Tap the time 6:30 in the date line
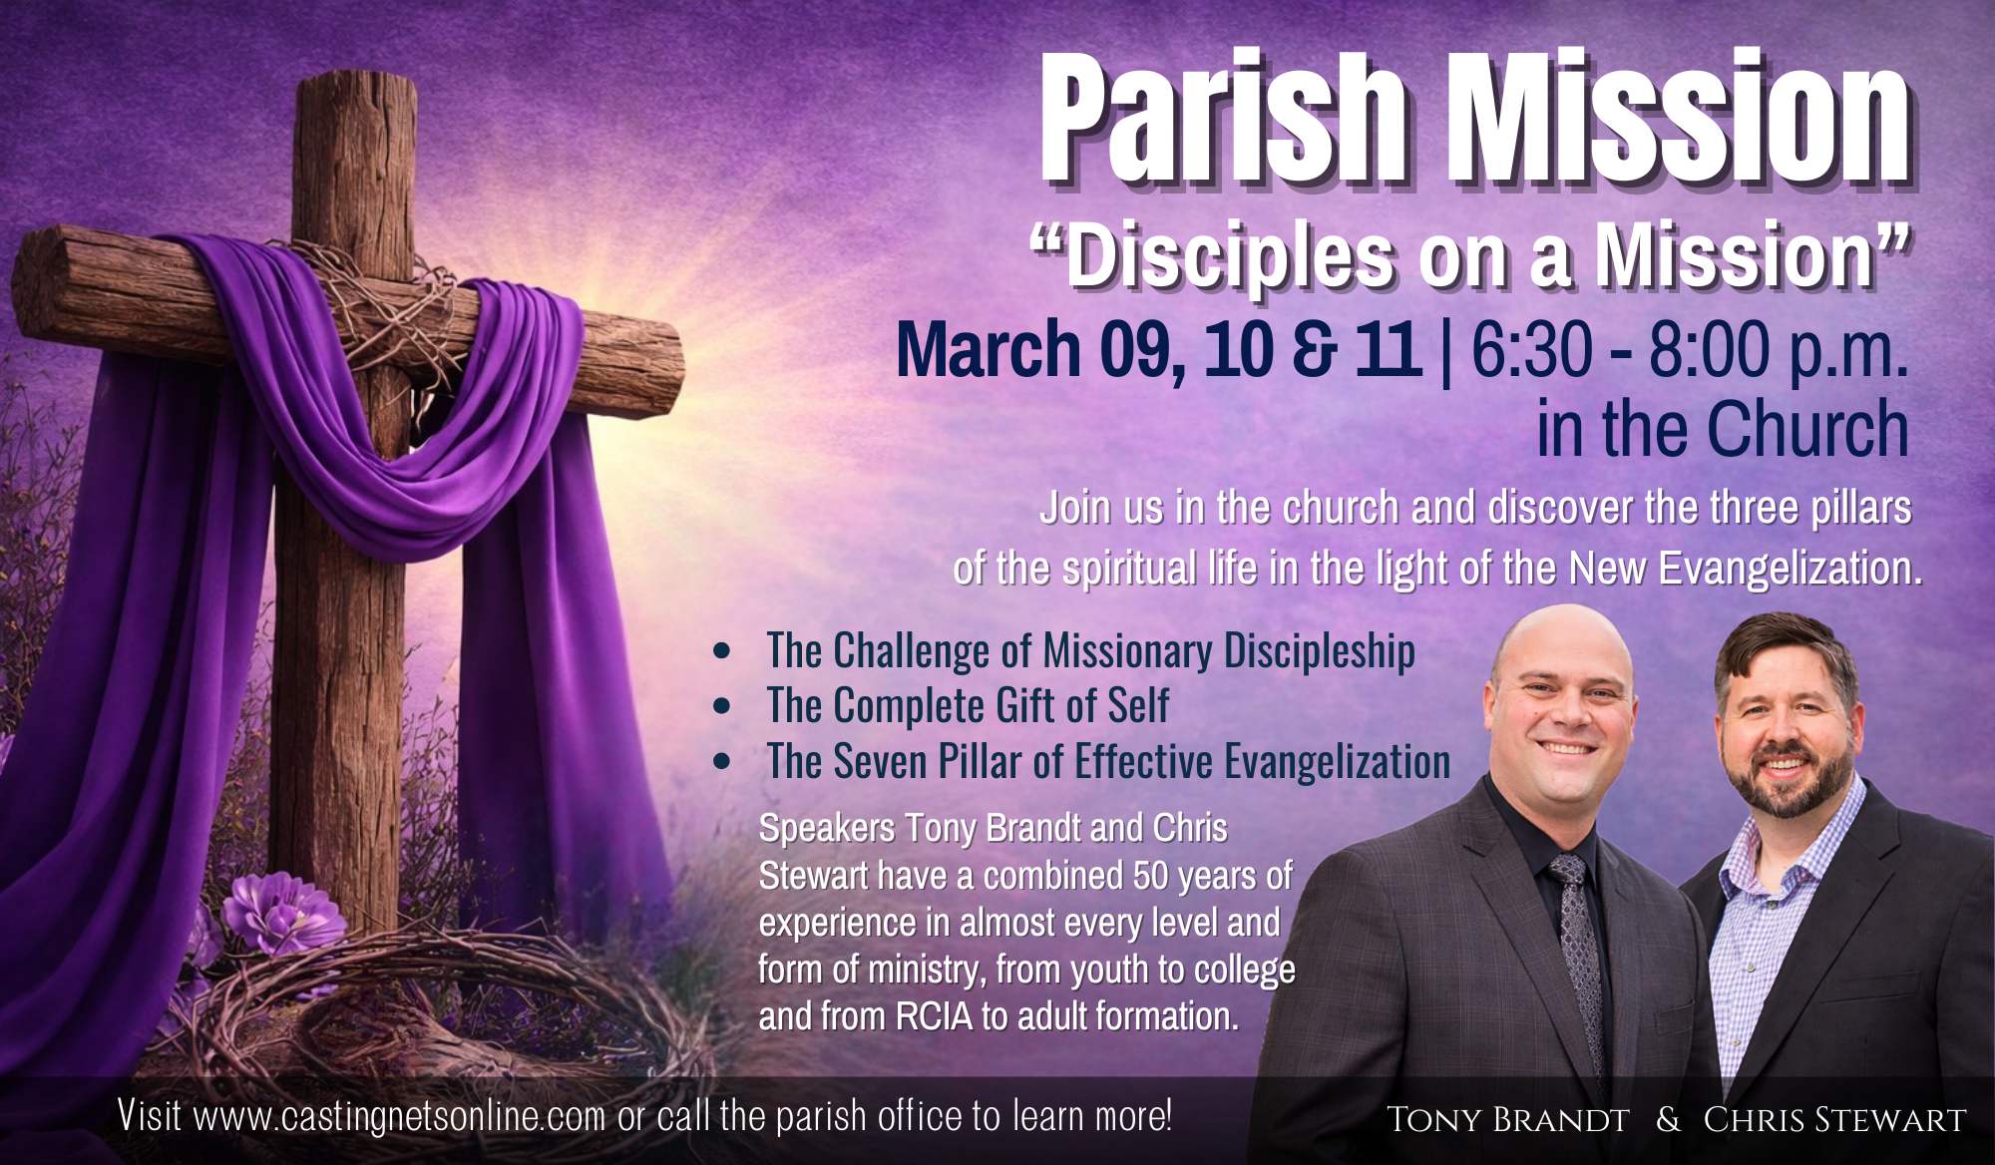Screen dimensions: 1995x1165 [x=1532, y=350]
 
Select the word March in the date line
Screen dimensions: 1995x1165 [x=989, y=350]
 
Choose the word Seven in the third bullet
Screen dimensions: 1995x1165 [x=881, y=762]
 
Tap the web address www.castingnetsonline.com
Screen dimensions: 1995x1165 [x=399, y=1116]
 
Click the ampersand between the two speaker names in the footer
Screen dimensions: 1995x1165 [x=1668, y=1119]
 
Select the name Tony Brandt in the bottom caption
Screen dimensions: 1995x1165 [x=1507, y=1119]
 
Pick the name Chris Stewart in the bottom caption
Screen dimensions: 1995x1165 [x=1834, y=1119]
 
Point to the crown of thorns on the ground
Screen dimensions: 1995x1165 [x=419, y=1007]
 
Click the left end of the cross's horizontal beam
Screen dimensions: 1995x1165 [x=22, y=281]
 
